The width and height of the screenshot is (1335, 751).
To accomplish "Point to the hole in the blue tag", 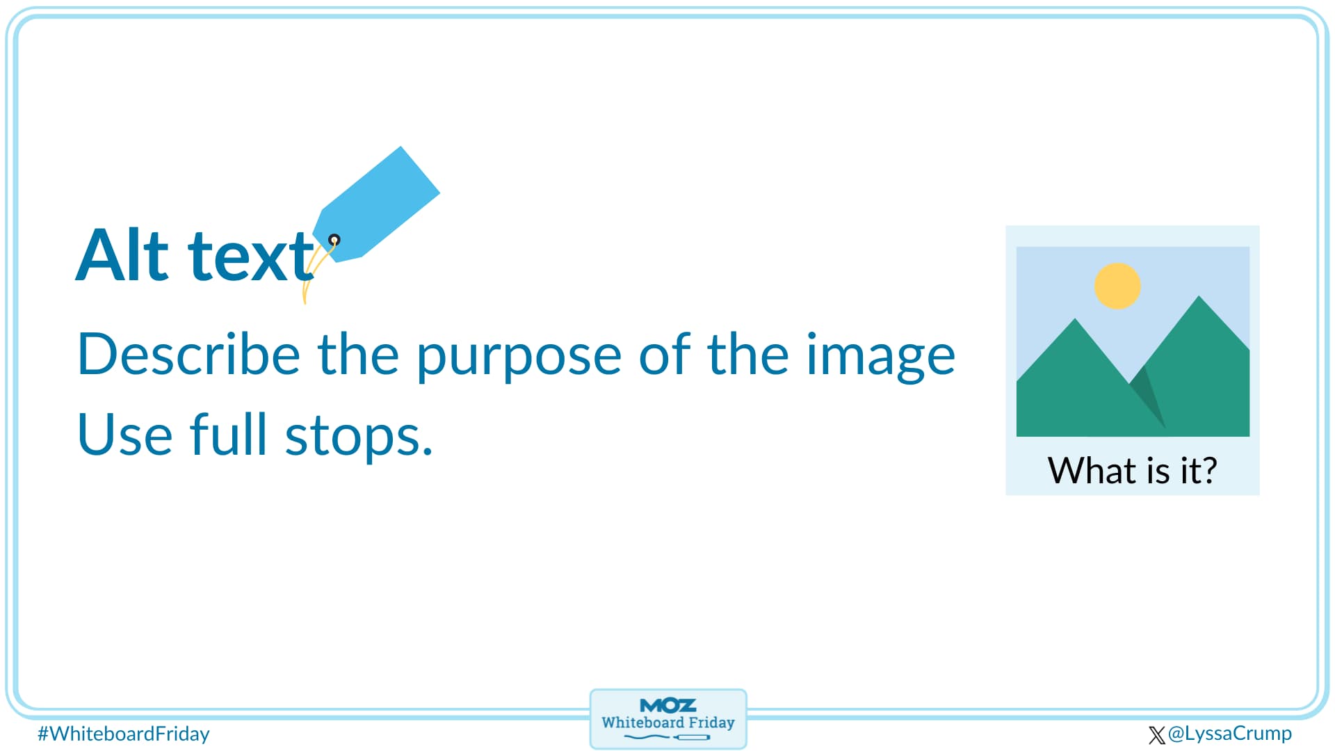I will pos(334,240).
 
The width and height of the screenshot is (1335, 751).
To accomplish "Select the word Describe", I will pos(188,354).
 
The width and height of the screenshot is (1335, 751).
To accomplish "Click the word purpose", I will pos(519,356).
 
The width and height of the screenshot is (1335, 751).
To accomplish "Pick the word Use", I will pos(124,435).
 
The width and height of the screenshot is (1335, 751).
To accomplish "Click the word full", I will pos(228,434).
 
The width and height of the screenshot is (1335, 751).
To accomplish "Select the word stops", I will pos(358,437).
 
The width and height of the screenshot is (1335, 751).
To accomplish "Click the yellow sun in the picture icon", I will pos(1117,286).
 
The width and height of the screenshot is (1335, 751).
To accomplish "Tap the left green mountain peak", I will pos(1075,323).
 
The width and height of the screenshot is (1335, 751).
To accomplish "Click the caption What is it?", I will pos(1132,471).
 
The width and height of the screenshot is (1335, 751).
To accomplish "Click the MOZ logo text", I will pos(667,705).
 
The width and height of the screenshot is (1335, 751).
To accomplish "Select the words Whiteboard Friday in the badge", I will pos(667,722).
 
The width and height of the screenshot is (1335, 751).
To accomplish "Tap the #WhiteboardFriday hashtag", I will pos(123,734).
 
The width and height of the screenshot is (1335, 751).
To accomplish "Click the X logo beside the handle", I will pos(1156,735).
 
